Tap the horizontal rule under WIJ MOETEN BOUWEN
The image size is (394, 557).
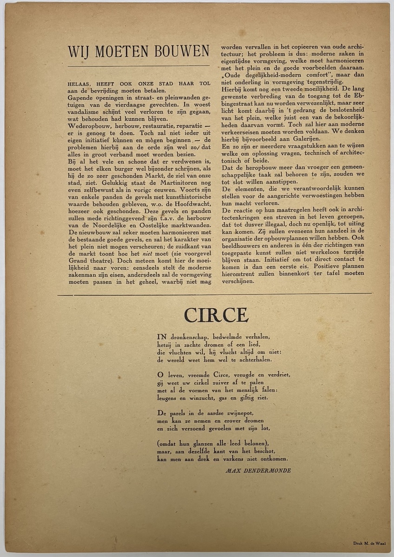(x=138, y=65)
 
